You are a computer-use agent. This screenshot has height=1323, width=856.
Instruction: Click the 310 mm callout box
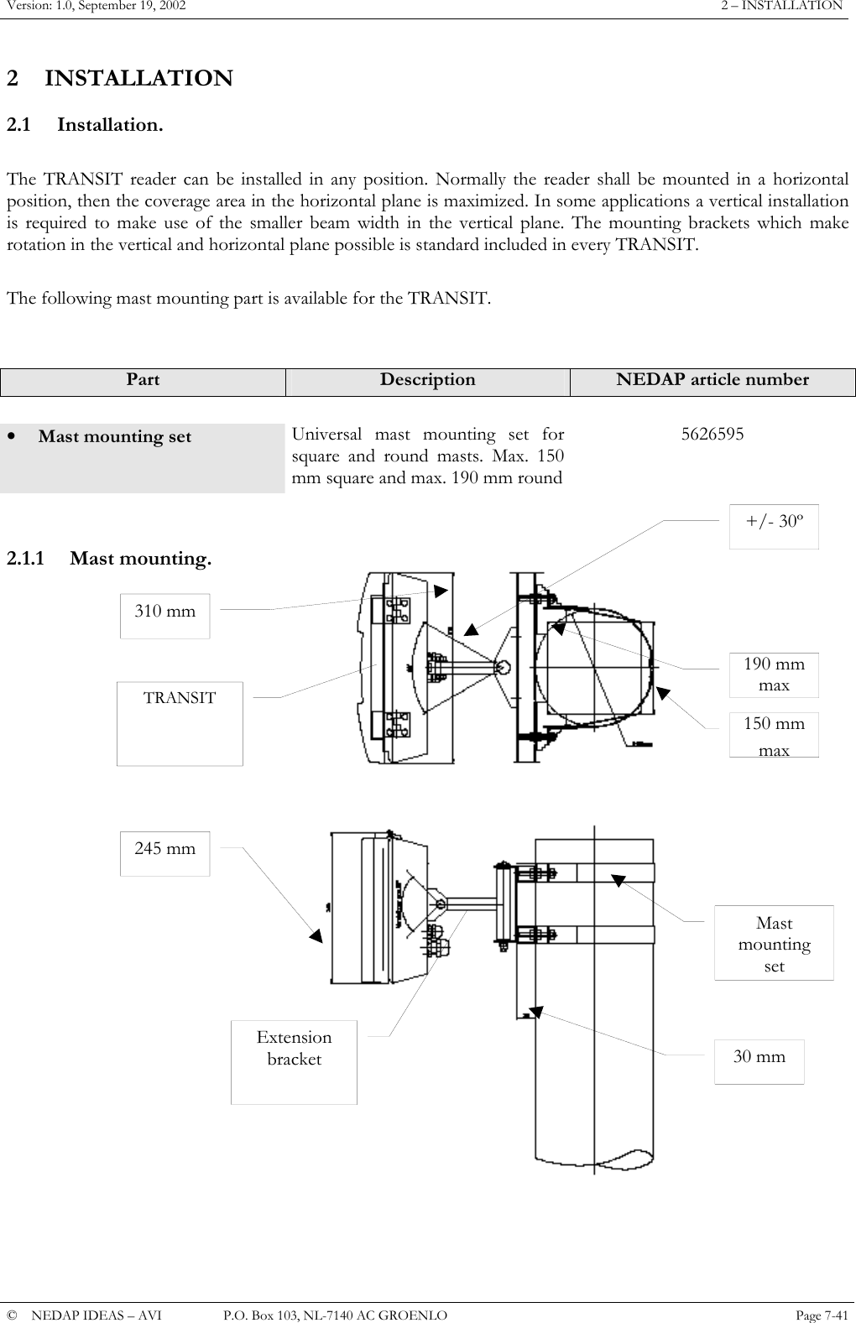pos(164,615)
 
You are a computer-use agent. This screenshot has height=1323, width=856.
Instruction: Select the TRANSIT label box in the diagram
pos(180,722)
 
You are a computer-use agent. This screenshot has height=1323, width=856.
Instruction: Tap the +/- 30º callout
pos(774,526)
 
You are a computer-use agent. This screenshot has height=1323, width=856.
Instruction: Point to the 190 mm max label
pos(774,675)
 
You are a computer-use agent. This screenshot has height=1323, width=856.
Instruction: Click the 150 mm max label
pos(774,735)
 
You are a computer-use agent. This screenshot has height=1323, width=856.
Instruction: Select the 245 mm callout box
pos(164,853)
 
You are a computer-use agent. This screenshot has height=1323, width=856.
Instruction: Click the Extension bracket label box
pos(294,1061)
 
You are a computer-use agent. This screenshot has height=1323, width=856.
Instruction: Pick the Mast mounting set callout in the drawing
pos(774,943)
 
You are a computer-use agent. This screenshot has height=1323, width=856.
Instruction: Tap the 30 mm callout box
pos(759,1061)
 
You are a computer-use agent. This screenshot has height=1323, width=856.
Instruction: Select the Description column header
pos(427,379)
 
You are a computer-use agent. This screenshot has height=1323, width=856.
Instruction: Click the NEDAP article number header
pos(712,379)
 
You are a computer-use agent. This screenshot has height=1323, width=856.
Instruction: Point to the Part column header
pos(143,379)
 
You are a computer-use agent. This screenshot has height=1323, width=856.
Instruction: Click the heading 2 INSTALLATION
pos(120,79)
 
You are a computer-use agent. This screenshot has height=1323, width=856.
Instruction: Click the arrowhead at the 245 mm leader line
pos(315,935)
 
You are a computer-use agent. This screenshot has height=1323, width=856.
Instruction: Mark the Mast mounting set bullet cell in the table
pos(143,458)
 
